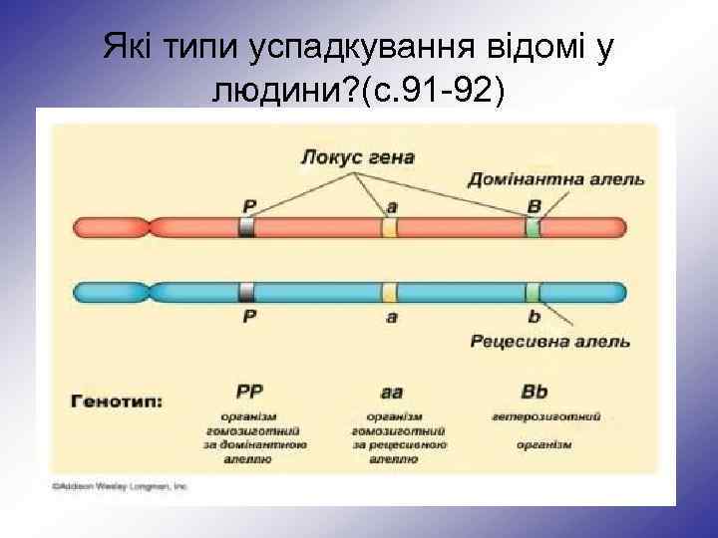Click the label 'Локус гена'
(357, 157)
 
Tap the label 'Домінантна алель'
(570, 180)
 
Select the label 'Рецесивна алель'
(549, 342)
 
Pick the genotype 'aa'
(391, 391)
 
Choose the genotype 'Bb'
(535, 391)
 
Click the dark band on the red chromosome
(247, 228)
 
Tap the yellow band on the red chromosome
(390, 228)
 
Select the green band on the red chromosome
(534, 228)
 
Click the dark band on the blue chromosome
(247, 292)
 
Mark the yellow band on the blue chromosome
(390, 292)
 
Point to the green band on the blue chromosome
(534, 292)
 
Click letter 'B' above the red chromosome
(534, 204)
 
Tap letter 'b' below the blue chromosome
(534, 316)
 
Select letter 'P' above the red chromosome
(249, 204)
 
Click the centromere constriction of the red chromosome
(151, 228)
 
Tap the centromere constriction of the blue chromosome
(151, 292)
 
